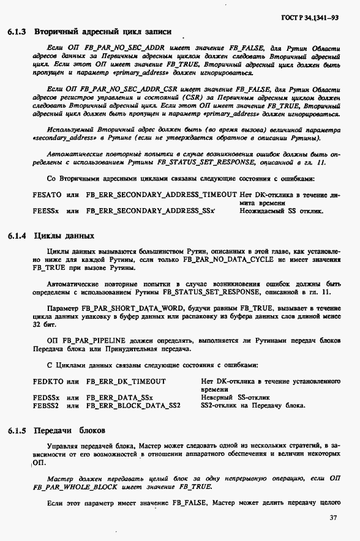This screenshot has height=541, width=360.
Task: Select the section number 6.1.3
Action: coord(16,31)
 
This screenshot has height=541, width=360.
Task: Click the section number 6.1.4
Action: coord(16,235)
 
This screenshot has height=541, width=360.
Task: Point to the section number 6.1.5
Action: coord(16,430)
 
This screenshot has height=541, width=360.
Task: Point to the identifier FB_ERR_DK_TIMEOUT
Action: coord(126,381)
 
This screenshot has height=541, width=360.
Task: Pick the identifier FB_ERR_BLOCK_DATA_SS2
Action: coord(133,405)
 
